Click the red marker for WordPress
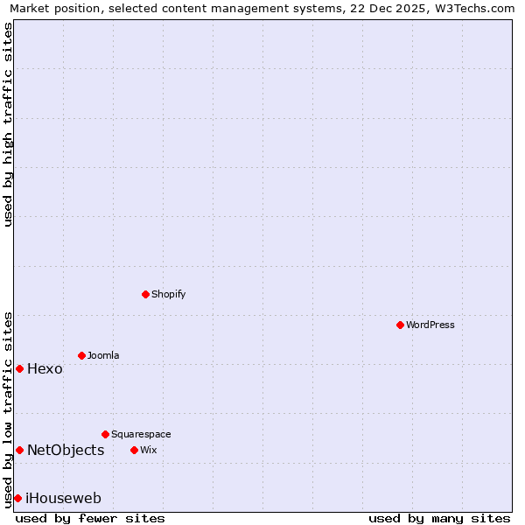(x=400, y=325)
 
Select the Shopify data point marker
(x=145, y=294)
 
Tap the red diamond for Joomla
(x=81, y=355)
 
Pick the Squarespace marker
(x=105, y=434)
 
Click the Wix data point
(x=134, y=450)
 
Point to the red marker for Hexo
(x=19, y=368)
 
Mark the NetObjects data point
(x=19, y=450)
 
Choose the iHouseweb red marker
(x=17, y=498)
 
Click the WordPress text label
(x=430, y=325)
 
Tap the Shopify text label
(x=169, y=294)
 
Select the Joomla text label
(x=103, y=355)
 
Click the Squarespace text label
(x=141, y=434)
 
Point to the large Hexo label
(x=45, y=368)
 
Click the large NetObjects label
(x=66, y=450)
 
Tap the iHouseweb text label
(x=64, y=498)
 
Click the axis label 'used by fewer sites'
(x=90, y=518)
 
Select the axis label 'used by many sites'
(x=439, y=518)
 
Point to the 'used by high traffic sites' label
(x=8, y=124)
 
